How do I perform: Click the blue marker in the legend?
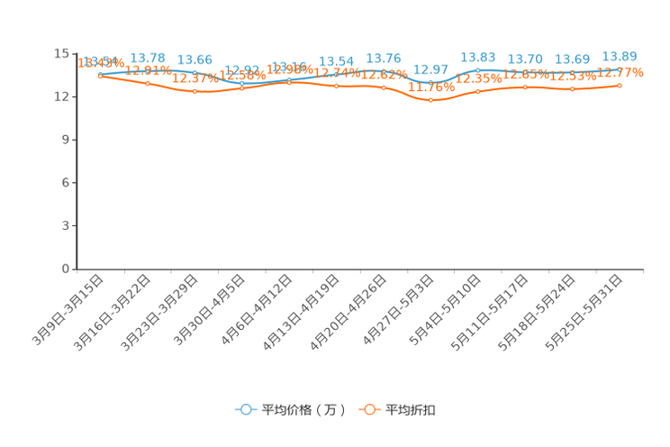[245, 409]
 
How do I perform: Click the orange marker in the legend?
[368, 409]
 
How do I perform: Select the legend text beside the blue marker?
[303, 410]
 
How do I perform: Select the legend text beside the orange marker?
[412, 410]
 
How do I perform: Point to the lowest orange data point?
[431, 100]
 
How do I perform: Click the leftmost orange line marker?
[100, 76]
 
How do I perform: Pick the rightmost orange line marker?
[620, 85]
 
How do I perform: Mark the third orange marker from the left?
[195, 91]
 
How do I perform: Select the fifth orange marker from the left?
[289, 82]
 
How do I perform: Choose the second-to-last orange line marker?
[572, 88]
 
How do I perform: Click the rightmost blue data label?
[620, 56]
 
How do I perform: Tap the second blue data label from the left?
[148, 58]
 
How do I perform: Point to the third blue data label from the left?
[195, 59]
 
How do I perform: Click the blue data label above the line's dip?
[431, 68]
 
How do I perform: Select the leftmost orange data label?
[100, 62]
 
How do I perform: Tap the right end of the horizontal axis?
[645, 269]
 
